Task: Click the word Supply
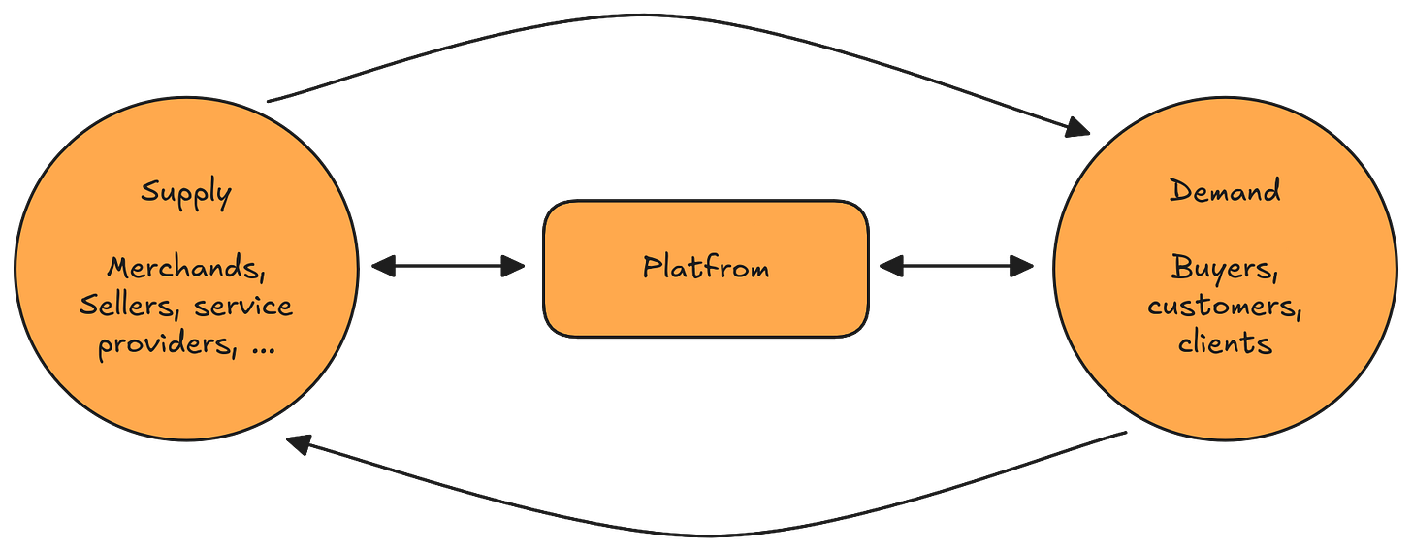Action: (x=186, y=193)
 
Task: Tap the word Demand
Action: (x=1224, y=190)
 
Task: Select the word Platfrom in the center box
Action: (x=705, y=267)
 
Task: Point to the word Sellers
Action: (x=130, y=306)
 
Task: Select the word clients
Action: (x=1225, y=342)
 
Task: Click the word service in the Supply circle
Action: (x=242, y=306)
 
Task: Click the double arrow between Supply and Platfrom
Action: (x=447, y=267)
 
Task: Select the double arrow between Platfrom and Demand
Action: (x=956, y=267)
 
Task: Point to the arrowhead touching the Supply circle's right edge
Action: (x=382, y=267)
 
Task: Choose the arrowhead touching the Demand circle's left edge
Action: (x=1023, y=267)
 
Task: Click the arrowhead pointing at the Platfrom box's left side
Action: (x=513, y=267)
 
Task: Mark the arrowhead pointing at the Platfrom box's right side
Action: (x=891, y=267)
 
